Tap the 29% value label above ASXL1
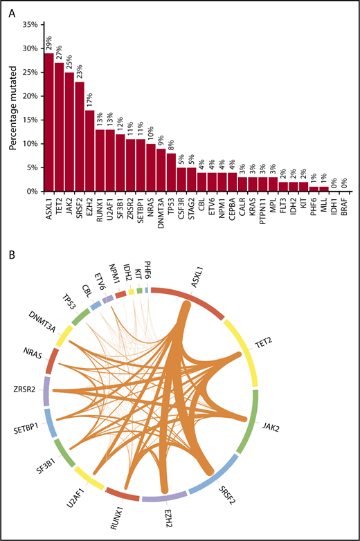point(49,43)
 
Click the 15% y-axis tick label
point(29,120)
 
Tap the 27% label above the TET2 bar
point(60,50)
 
